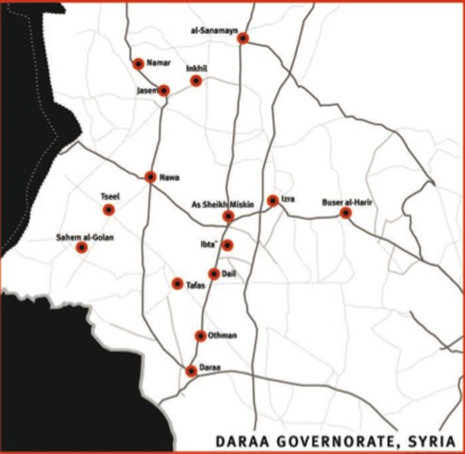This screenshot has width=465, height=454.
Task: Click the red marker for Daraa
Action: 191,370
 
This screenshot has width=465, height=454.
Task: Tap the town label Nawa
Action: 168,176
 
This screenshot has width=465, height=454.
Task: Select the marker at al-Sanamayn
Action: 242,37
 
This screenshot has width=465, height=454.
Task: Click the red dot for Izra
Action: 272,201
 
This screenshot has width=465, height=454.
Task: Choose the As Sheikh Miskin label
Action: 223,204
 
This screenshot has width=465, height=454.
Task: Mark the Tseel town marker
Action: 109,210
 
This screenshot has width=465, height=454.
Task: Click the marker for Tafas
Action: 177,283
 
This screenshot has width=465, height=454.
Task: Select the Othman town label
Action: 223,335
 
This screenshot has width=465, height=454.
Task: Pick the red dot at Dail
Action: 213,273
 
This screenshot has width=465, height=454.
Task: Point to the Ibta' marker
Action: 228,245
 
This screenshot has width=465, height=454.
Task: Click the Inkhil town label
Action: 197,69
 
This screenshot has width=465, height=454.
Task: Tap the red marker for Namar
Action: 138,64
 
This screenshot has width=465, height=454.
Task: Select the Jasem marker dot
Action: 164,90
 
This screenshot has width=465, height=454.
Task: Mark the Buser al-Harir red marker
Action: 346,212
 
